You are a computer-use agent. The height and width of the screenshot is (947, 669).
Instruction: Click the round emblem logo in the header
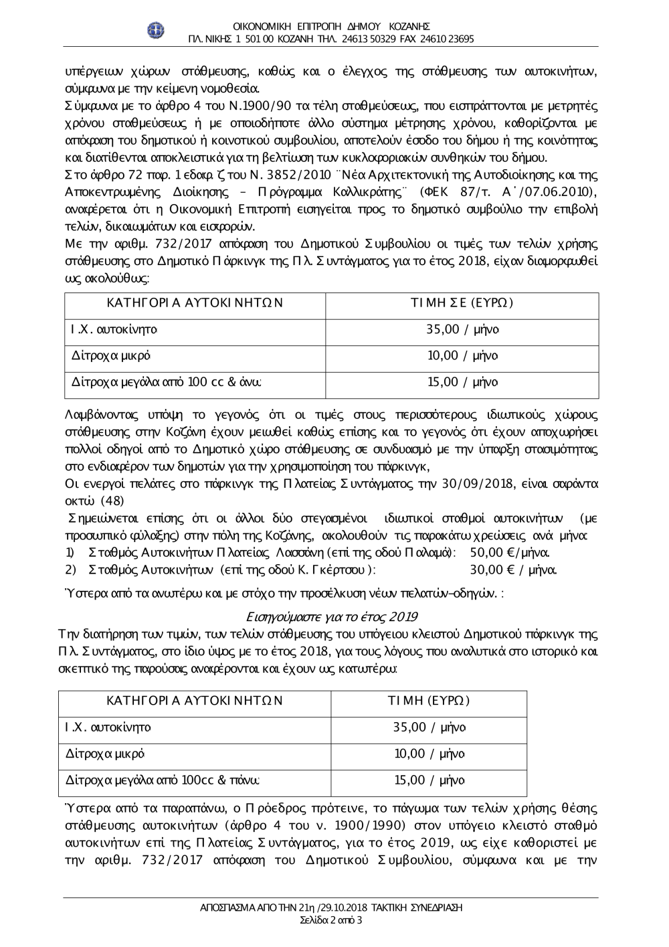(x=156, y=30)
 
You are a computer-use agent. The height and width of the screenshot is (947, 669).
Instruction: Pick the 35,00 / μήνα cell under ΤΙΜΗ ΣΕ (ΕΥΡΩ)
(x=462, y=329)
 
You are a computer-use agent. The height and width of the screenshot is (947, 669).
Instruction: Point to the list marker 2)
(x=70, y=570)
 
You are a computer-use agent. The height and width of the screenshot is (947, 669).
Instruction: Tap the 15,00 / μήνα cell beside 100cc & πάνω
(x=429, y=780)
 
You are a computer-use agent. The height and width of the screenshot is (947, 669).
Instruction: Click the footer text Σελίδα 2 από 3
(x=332, y=920)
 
